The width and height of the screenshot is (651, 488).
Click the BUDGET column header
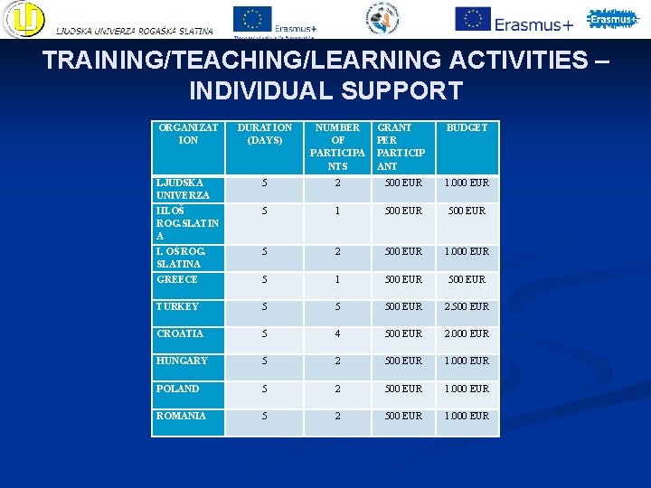click(x=466, y=128)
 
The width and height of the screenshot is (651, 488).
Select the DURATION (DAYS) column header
click(x=264, y=134)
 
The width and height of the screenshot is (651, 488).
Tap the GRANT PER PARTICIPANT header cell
click(x=401, y=146)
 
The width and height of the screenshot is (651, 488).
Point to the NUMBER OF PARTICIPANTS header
click(x=337, y=146)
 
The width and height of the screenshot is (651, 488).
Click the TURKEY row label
click(x=178, y=307)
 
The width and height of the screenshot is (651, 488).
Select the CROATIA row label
click(x=180, y=334)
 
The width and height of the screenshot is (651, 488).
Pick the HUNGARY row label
click(x=182, y=361)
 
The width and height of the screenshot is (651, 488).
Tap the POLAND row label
click(x=178, y=389)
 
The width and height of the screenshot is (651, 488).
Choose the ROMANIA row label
click(x=181, y=416)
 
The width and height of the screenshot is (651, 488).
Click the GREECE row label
click(x=177, y=280)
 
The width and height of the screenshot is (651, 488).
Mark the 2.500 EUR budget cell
click(x=466, y=307)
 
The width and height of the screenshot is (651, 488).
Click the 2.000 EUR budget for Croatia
click(x=466, y=334)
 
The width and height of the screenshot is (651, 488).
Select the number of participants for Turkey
click(x=337, y=307)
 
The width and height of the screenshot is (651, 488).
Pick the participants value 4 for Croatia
click(x=337, y=334)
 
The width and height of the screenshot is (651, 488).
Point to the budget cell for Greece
click(x=466, y=280)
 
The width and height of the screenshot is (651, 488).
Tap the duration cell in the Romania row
click(x=264, y=416)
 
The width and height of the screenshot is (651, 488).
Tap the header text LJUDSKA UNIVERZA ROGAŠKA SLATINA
click(x=135, y=31)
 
